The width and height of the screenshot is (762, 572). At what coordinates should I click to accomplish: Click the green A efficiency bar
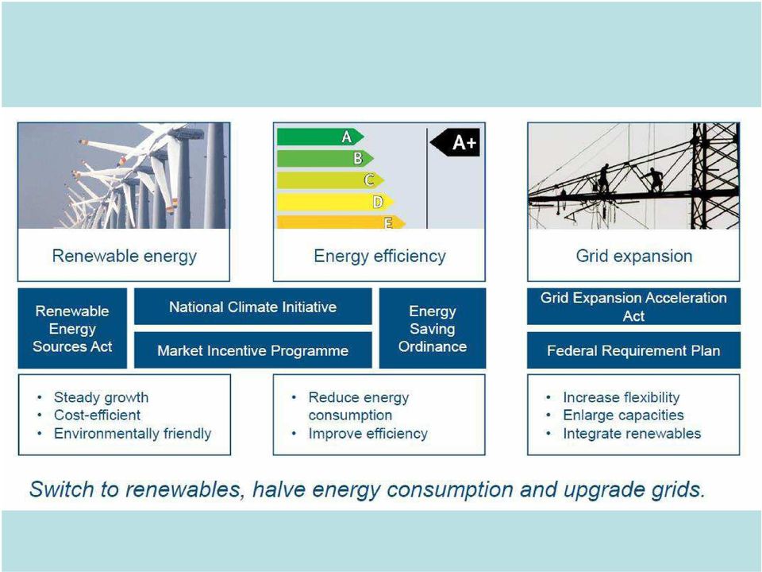[320, 137]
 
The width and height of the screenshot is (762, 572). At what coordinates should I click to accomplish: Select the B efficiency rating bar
[325, 158]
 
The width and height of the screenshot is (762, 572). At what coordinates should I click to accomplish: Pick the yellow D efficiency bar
[335, 202]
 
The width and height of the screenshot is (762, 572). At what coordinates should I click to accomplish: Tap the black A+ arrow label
[456, 142]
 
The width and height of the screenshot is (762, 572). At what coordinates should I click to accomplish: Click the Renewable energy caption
[125, 256]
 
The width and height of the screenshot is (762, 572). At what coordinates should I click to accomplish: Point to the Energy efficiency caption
[379, 256]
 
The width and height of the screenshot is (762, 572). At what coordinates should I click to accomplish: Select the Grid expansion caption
[634, 256]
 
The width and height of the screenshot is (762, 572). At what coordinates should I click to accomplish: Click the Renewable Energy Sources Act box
[72, 328]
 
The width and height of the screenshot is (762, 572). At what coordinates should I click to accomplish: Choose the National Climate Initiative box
[252, 307]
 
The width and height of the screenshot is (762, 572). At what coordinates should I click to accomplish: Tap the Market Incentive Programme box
[252, 350]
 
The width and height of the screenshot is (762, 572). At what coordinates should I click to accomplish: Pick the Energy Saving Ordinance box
[433, 328]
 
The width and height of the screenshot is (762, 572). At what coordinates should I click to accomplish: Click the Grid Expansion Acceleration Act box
[633, 307]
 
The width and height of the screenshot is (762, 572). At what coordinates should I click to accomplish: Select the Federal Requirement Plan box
[633, 350]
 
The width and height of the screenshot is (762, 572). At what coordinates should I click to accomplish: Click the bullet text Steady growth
[101, 397]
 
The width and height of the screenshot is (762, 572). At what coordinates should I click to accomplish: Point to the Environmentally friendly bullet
[133, 434]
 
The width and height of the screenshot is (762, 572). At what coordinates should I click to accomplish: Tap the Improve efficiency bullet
[368, 434]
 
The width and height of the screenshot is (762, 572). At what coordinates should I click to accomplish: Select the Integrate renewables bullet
[632, 434]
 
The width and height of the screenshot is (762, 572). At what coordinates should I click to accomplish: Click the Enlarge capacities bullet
[624, 415]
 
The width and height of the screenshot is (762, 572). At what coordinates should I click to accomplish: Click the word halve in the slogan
[279, 489]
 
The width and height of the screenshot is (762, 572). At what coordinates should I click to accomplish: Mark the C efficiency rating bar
[330, 180]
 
